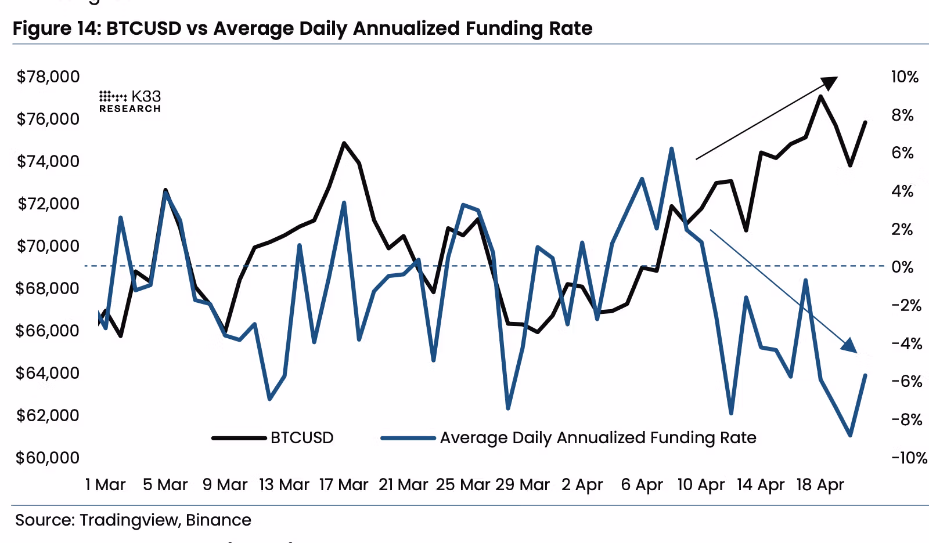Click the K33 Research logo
point(130,102)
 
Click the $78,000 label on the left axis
point(48,77)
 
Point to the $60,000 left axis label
point(48,458)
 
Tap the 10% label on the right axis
point(905,77)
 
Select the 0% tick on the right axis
point(902,267)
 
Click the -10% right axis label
point(909,458)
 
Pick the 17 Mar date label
point(344,484)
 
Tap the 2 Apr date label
point(582,484)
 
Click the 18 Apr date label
point(820,484)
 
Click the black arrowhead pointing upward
point(830,82)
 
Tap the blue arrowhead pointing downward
point(849,345)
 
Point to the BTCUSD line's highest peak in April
point(820,96)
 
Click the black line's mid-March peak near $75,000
point(344,143)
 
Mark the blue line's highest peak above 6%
point(671,149)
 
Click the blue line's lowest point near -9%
point(850,435)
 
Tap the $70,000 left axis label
point(48,246)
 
